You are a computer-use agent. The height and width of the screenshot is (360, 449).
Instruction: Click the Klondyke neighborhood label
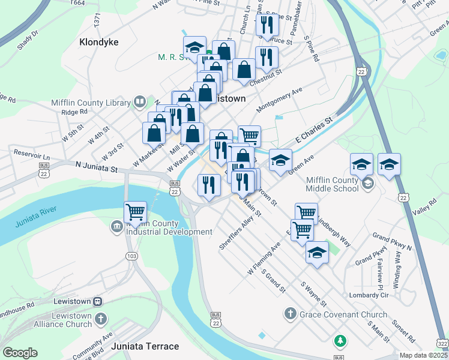click(99, 42)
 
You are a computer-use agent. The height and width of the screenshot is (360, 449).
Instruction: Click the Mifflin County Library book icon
click(140, 101)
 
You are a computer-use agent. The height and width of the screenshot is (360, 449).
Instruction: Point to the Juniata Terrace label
click(149, 346)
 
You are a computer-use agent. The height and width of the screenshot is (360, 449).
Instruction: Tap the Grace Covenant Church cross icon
click(291, 314)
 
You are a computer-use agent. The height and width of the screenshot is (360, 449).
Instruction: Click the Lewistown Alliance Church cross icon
click(101, 320)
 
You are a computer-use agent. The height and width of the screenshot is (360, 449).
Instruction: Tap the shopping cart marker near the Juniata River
click(136, 212)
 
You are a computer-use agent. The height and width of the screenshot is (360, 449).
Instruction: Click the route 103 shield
click(130, 256)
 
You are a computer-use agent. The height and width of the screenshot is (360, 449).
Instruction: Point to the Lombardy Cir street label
click(369, 296)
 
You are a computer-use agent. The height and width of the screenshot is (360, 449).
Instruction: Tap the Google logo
click(20, 353)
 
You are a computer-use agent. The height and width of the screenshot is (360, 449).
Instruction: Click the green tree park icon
click(340, 341)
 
